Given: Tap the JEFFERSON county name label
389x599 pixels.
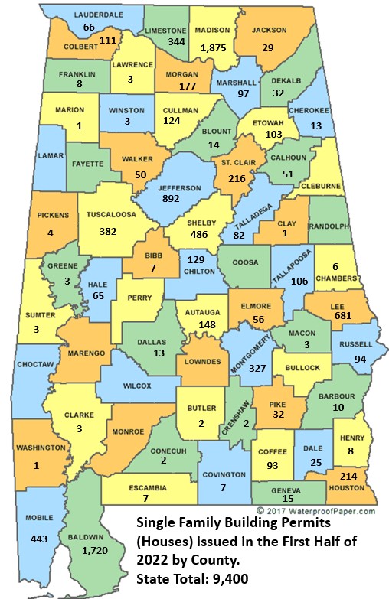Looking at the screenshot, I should (x=179, y=188).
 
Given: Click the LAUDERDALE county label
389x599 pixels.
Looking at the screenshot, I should (x=89, y=15).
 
